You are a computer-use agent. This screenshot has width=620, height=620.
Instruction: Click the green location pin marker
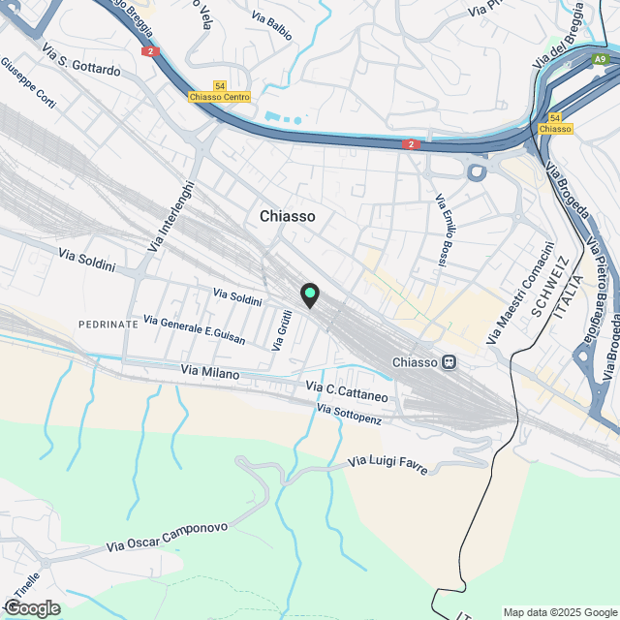310,294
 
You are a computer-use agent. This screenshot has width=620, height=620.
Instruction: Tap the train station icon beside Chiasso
449,362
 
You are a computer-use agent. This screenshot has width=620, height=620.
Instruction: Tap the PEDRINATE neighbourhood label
108,324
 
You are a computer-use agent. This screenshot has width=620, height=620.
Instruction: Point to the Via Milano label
210,371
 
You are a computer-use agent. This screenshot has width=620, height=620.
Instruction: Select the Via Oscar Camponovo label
167,539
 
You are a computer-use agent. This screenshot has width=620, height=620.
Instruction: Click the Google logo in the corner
31,607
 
